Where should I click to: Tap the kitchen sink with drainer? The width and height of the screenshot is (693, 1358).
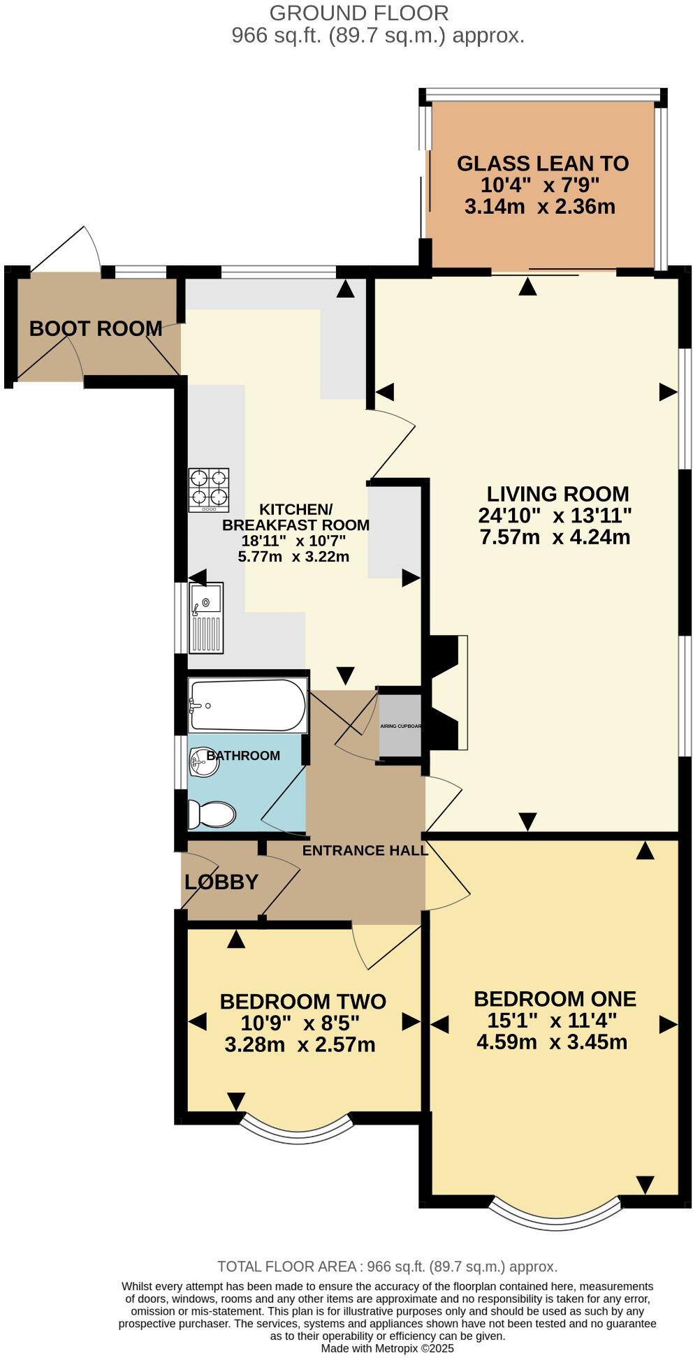pos(205,618)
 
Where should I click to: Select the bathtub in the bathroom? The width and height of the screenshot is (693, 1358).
pos(247,706)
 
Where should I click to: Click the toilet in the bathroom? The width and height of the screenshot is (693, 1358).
pos(212,815)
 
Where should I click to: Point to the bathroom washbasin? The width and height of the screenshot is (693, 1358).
pos(203,761)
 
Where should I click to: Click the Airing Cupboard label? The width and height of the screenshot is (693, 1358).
pos(400,726)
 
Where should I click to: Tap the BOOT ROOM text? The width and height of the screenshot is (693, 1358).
pos(95,328)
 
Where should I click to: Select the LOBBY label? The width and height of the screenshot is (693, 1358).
pos(221,882)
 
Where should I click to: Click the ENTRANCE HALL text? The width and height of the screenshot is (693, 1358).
pos(365,850)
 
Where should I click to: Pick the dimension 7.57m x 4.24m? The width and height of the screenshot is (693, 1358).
pos(555,537)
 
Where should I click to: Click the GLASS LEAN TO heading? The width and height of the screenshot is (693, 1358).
pos(543,163)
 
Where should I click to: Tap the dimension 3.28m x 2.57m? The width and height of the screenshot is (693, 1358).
pos(300,1045)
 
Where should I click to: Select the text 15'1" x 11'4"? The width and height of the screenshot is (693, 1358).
pos(552,1021)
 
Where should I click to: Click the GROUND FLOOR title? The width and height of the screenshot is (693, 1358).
pos(358,13)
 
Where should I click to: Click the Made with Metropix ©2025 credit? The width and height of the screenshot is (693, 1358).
pos(387,1348)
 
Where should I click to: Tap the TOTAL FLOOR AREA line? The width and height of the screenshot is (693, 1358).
pos(387,1266)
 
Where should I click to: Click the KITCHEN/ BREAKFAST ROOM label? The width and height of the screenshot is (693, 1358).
pos(296,517)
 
